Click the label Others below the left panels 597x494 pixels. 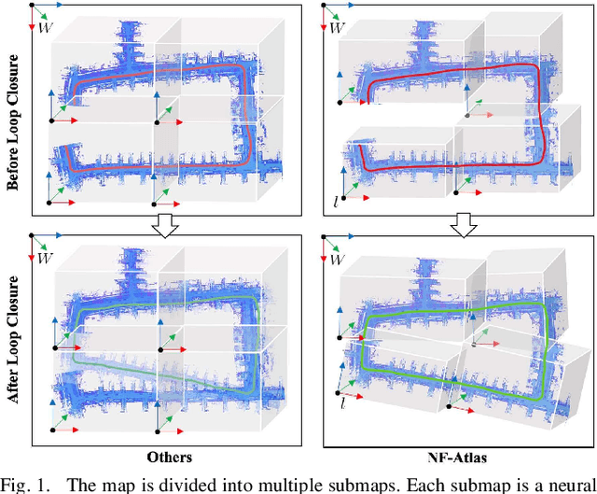[x=169, y=458]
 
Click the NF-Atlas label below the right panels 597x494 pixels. [x=452, y=458]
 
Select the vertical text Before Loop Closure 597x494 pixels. [x=14, y=117]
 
